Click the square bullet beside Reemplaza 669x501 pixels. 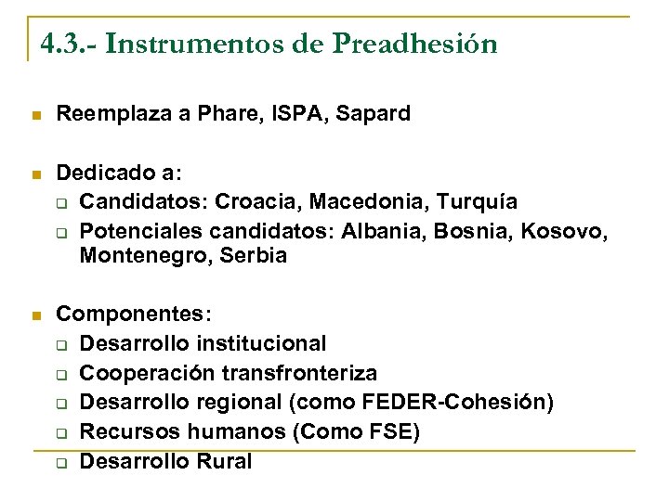36,115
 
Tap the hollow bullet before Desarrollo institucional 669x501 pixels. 60,345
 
